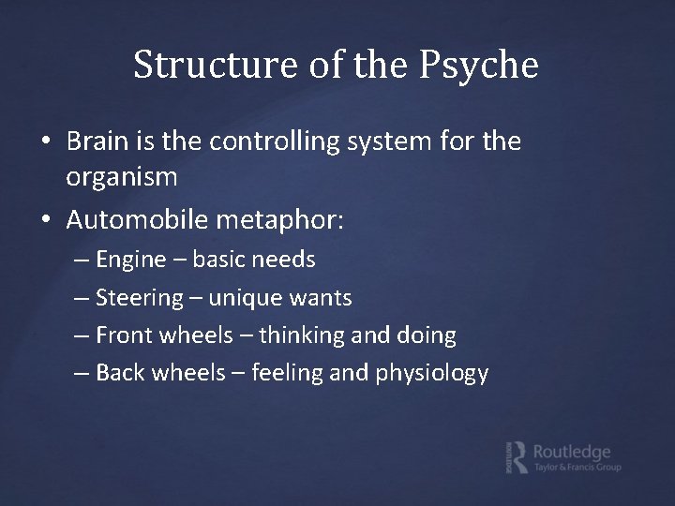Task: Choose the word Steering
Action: (139, 298)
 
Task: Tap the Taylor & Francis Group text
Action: (577, 468)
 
